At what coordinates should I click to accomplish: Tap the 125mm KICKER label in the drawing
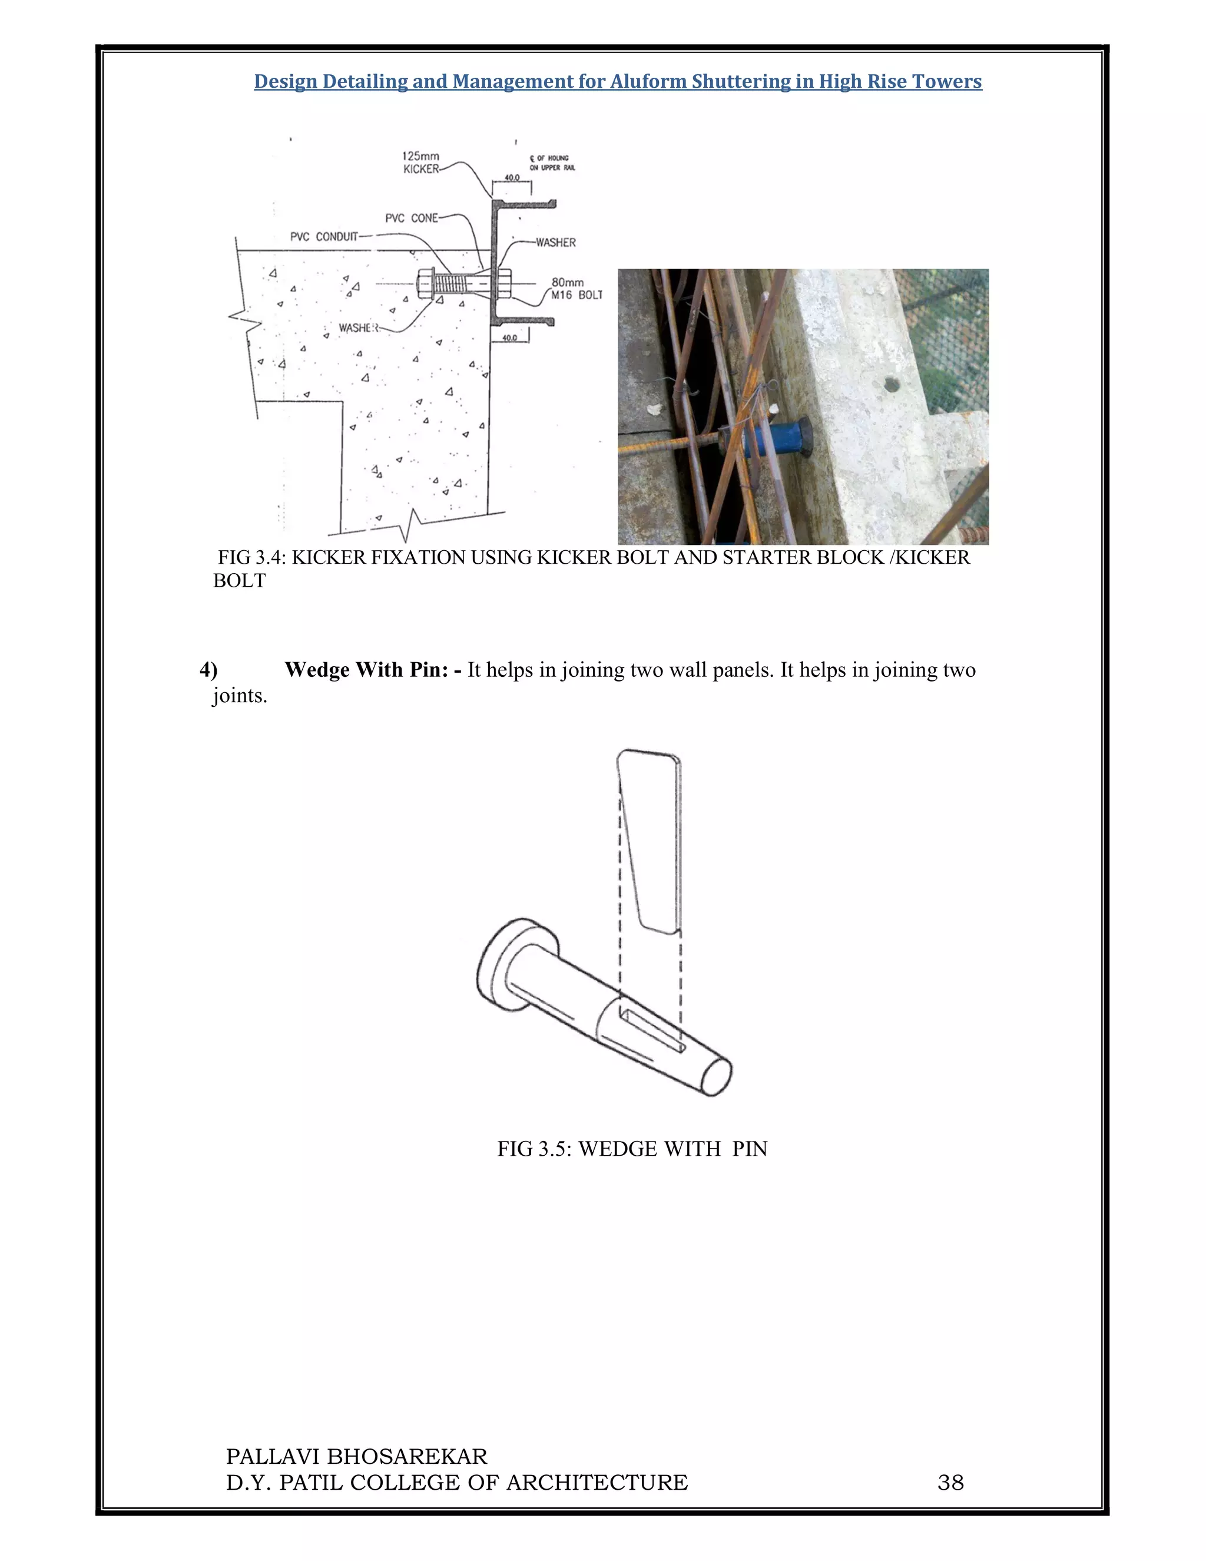pos(421,162)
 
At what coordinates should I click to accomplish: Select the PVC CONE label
pos(411,218)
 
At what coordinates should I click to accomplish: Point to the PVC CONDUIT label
pos(324,237)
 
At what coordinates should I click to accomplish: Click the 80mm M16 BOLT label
pos(577,289)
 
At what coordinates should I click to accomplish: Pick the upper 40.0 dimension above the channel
pos(512,177)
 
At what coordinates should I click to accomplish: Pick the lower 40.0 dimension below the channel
pos(509,338)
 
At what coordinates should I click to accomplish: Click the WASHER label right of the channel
pos(555,242)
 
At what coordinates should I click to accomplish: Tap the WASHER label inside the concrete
pos(357,328)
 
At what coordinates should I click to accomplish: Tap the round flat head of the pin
pos(500,965)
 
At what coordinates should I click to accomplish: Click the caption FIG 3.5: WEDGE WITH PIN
pos(632,1149)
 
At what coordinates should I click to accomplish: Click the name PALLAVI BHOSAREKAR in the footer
pos(356,1456)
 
